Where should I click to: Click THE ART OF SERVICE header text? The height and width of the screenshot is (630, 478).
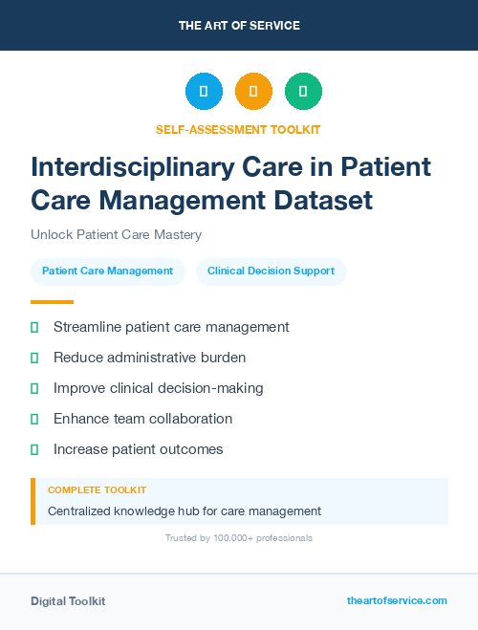tap(239, 26)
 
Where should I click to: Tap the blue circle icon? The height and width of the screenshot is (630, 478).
tap(204, 92)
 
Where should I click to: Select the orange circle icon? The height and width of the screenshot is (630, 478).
tap(253, 92)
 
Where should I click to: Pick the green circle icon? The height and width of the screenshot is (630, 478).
tap(303, 92)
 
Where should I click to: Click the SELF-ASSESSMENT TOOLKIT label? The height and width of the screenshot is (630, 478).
tap(239, 129)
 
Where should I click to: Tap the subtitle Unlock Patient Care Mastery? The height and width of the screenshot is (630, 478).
tap(116, 234)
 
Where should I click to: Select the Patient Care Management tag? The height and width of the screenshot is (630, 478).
tap(107, 272)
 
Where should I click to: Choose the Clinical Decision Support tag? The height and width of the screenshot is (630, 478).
tap(271, 272)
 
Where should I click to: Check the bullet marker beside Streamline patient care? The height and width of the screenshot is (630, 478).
tap(34, 327)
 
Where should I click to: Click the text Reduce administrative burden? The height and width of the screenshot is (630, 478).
tap(149, 358)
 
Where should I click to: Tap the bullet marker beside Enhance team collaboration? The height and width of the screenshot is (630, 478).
tap(34, 419)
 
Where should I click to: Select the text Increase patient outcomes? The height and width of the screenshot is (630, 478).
tap(138, 449)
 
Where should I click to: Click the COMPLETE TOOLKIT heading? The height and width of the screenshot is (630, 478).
tap(97, 490)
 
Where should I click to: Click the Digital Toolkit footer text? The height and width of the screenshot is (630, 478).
tap(68, 601)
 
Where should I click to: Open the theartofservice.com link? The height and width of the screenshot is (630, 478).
tap(397, 600)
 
